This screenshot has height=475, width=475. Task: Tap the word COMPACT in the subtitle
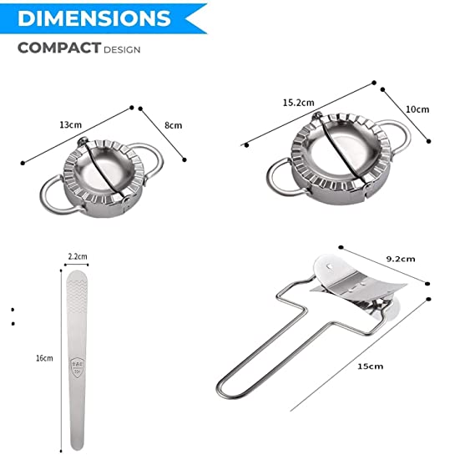58,48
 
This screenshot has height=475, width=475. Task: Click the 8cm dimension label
173,125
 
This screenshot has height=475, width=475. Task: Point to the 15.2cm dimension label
298,102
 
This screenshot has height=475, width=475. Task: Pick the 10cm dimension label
417,109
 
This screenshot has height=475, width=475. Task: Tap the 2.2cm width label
77,257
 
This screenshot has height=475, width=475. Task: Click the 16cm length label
44,358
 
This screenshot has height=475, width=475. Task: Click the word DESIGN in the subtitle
122,49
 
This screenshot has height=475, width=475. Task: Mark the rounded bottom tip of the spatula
77,444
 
